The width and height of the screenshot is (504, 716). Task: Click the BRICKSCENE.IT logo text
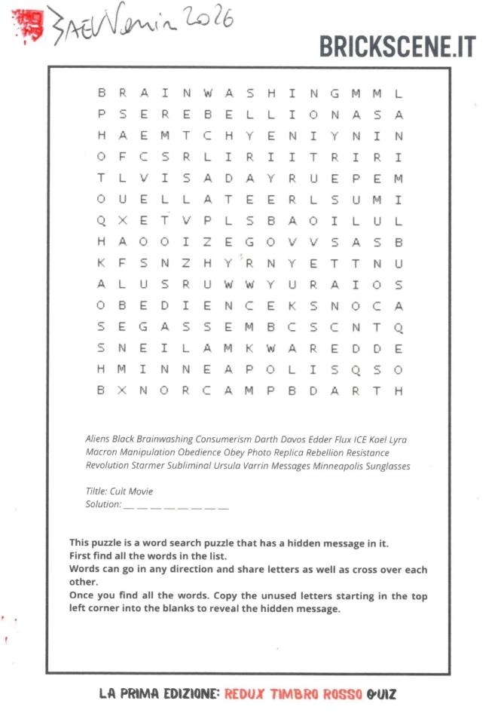397,46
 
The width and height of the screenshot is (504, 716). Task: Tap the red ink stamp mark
29,25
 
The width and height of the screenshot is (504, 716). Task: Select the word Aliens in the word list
97,439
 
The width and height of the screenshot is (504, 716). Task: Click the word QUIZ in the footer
381,693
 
